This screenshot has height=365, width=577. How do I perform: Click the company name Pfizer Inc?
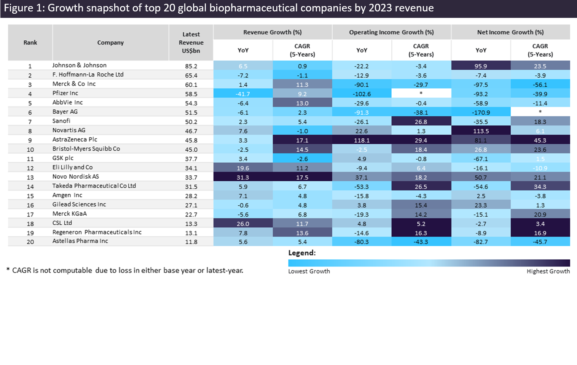[65, 93]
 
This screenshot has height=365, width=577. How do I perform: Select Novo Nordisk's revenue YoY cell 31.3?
[243, 178]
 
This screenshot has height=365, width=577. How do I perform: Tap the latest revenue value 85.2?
[191, 66]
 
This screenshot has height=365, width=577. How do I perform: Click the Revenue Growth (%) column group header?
[273, 32]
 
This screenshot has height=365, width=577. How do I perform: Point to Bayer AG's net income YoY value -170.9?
[481, 113]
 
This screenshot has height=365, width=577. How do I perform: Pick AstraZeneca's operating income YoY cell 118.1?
[362, 140]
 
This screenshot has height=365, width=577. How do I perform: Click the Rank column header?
[30, 43]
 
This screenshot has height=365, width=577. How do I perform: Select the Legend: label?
[302, 253]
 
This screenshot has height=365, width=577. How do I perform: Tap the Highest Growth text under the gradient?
[548, 271]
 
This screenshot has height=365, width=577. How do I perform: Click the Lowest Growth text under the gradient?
[309, 271]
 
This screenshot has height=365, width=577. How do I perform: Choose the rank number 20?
[30, 242]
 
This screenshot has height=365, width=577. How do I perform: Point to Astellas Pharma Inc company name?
[80, 241]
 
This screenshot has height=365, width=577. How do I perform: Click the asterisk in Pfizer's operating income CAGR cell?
[421, 93]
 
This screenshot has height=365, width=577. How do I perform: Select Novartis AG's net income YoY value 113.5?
[481, 131]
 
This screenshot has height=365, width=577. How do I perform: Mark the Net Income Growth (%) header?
[510, 32]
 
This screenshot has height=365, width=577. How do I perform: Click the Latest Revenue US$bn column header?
[191, 43]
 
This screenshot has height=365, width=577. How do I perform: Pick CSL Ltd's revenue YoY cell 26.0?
[243, 224]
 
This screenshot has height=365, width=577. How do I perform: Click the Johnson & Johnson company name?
[79, 65]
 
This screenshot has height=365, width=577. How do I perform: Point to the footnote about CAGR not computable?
[125, 270]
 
